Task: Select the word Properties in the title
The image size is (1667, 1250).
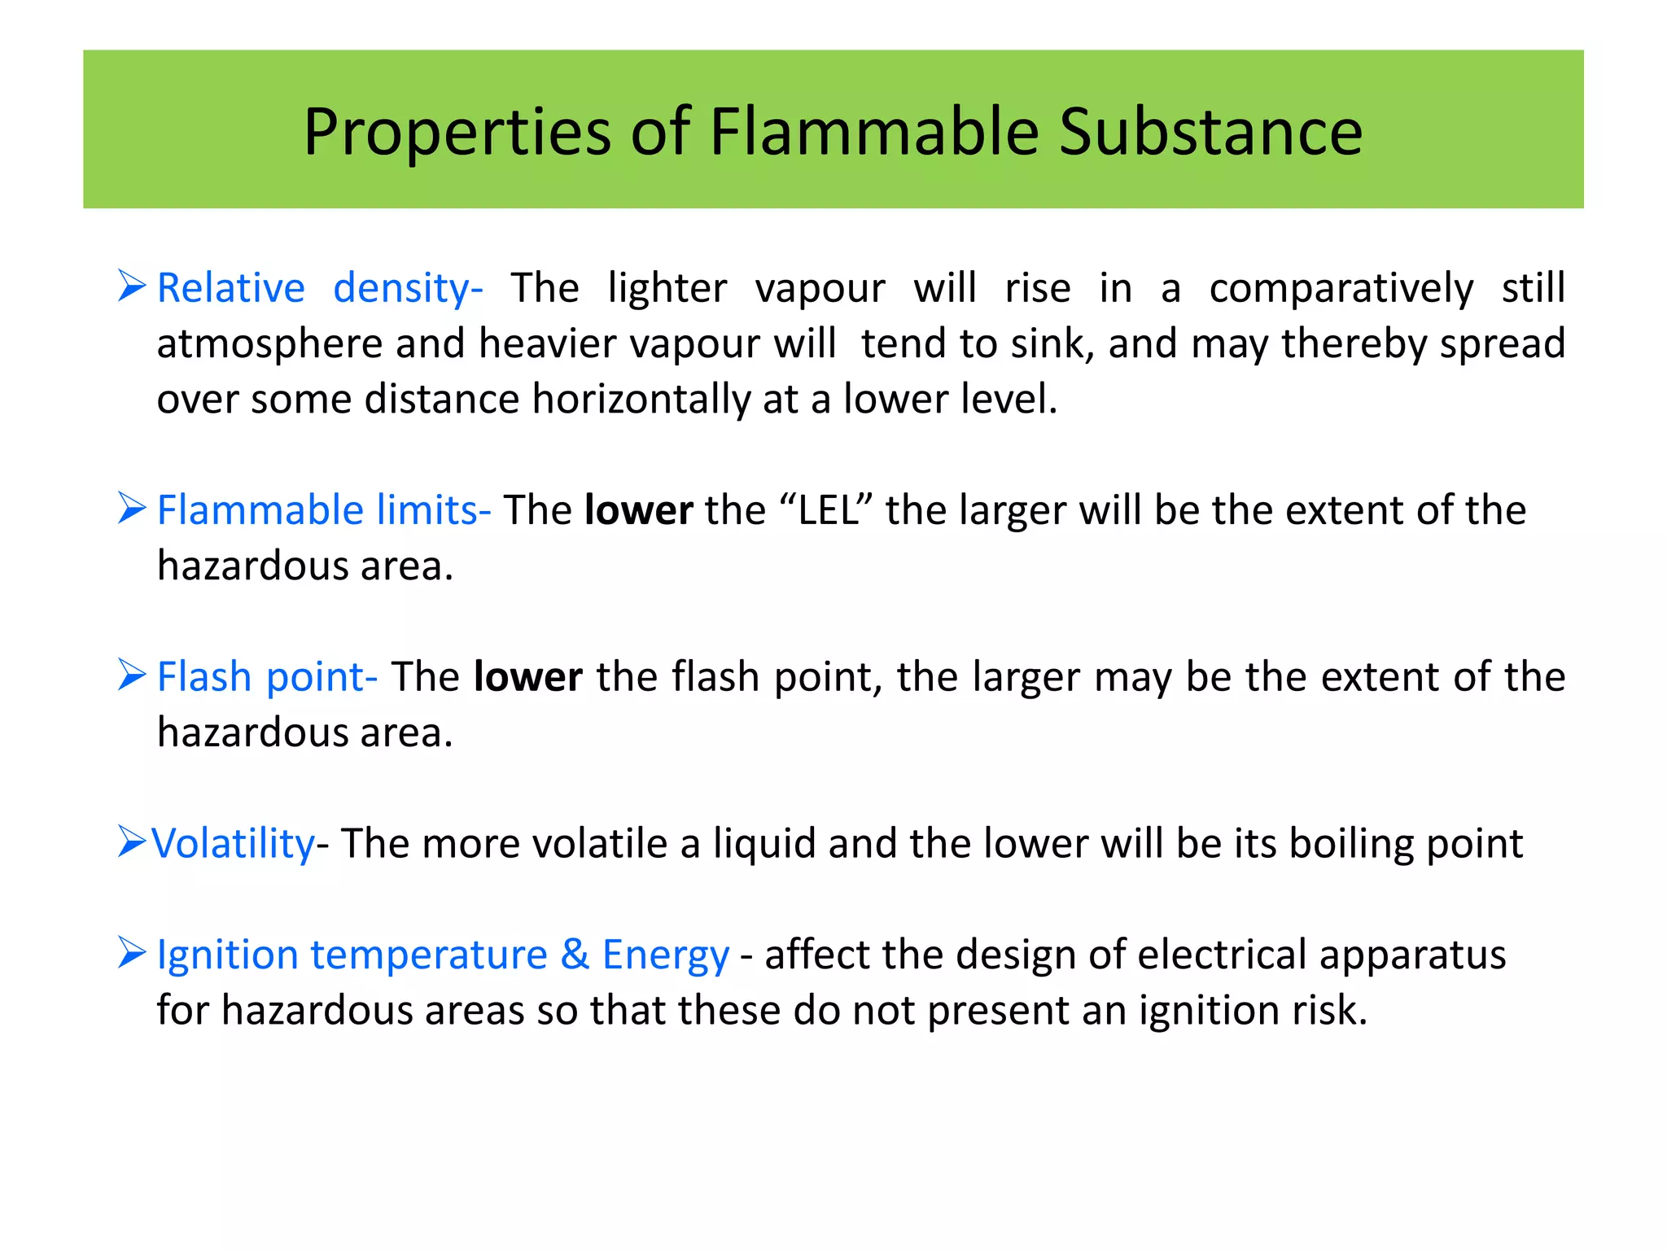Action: coord(457,133)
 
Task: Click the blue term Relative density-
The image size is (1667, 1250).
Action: coord(319,288)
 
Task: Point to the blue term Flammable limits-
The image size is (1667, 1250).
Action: coord(323,510)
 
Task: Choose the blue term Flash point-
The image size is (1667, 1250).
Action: coord(267,677)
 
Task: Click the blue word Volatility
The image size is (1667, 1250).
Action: coord(233,843)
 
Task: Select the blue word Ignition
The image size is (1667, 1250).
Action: coord(227,955)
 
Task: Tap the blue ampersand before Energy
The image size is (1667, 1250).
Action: coord(575,954)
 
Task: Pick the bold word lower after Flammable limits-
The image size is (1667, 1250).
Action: coord(639,510)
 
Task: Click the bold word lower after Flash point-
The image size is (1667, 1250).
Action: coord(528,677)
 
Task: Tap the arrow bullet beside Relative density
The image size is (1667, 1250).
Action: coord(131,286)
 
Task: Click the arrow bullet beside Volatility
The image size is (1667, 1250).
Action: coord(131,841)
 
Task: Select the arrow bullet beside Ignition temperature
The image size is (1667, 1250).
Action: coord(131,953)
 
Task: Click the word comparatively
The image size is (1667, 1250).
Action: coord(1341,288)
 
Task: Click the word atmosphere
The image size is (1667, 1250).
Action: coord(269,343)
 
